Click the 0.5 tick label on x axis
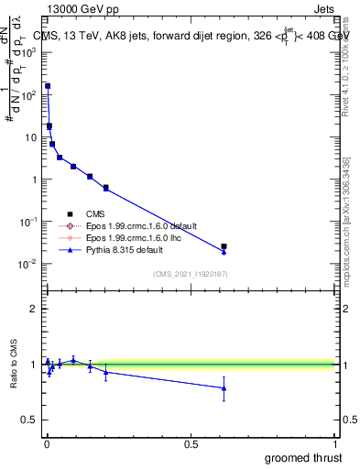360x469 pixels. (191, 444)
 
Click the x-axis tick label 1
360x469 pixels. (336, 444)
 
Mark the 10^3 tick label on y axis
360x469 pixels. (28, 52)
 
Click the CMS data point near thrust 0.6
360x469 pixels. (224, 246)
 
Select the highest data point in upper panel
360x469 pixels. (48, 86)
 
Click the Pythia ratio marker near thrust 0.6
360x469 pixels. (224, 388)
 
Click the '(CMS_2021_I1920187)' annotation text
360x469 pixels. (190, 274)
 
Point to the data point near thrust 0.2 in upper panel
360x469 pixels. (106, 188)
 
